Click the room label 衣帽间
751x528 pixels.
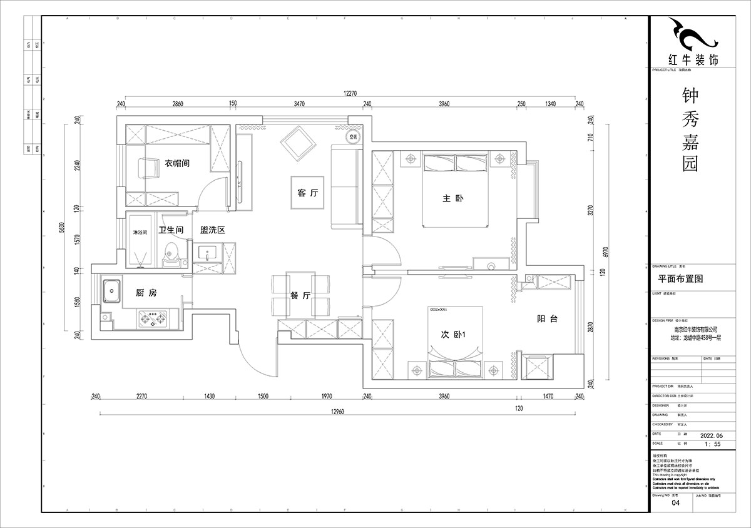(x=177, y=163)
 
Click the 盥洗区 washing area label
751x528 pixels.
(x=212, y=230)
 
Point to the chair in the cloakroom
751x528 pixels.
(x=148, y=168)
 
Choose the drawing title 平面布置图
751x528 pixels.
(x=678, y=279)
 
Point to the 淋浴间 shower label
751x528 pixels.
(x=140, y=232)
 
